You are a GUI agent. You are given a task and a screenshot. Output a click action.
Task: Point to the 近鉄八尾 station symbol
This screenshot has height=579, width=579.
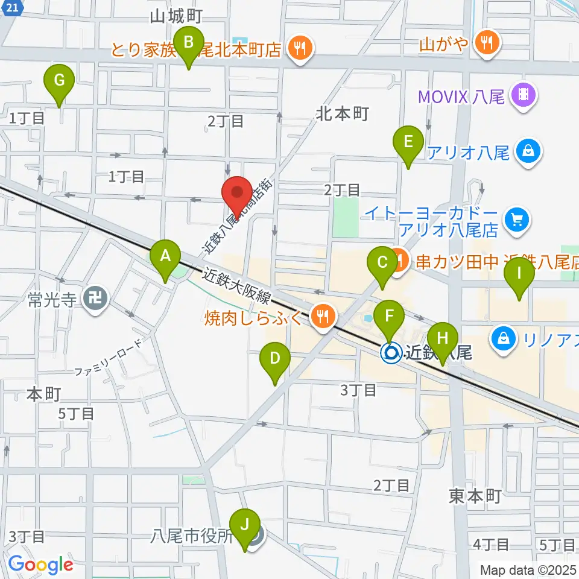click(x=391, y=352)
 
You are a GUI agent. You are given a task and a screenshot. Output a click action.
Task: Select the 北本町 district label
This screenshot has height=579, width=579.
click(x=341, y=114)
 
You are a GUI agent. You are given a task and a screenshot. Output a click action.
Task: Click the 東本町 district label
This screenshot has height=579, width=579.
click(x=475, y=496)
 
